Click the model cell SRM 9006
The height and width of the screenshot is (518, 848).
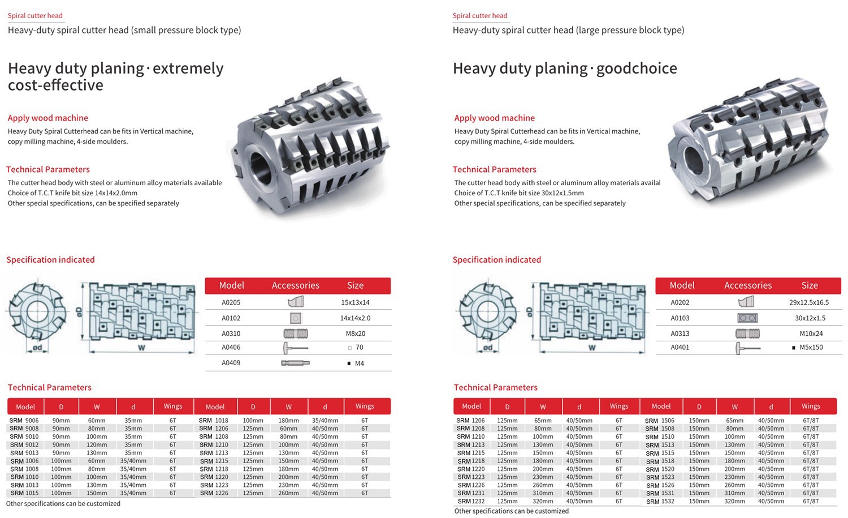24,421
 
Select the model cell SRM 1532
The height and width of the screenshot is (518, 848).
660,502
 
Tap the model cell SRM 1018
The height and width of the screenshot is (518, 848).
214,421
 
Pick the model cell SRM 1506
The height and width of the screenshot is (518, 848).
660,421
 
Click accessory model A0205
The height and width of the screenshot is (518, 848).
231,302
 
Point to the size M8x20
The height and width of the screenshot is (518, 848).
356,333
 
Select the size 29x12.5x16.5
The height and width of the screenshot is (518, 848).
809,302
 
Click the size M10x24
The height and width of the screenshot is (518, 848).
811,333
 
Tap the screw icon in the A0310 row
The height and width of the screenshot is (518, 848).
295,333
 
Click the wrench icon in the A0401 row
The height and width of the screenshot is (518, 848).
747,348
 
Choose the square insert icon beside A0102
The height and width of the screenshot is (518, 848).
295,318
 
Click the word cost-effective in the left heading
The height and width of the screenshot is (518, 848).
55,85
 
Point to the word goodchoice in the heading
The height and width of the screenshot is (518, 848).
637,69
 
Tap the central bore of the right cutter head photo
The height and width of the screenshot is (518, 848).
695,163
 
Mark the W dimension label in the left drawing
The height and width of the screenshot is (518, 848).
141,348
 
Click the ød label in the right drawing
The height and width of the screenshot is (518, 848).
488,348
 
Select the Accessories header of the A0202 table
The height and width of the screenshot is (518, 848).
747,285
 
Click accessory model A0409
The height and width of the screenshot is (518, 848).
231,363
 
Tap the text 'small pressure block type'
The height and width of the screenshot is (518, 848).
186,30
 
